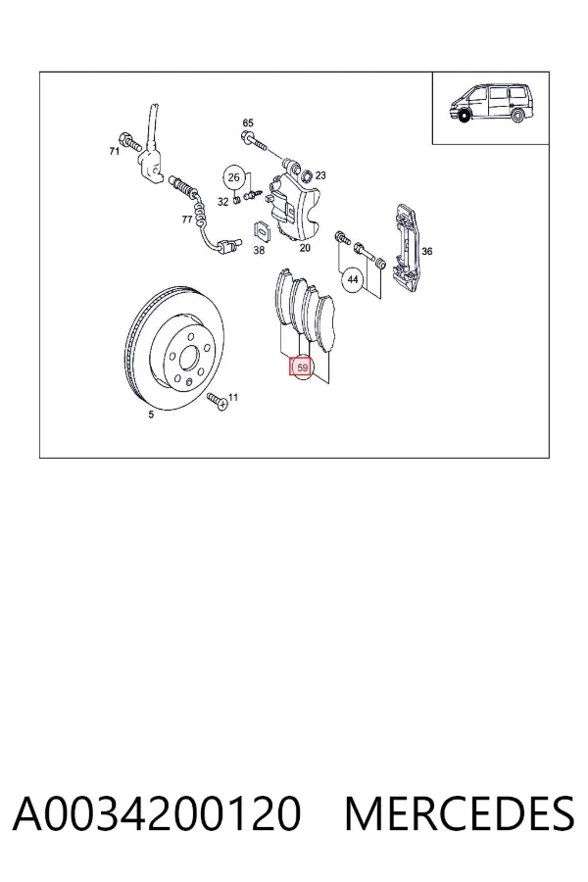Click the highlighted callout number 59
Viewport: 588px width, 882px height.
[x=303, y=367]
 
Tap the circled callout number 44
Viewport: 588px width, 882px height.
[x=353, y=279]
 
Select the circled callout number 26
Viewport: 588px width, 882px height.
[x=234, y=177]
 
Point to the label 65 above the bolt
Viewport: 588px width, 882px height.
[x=248, y=122]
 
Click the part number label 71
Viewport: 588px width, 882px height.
[x=115, y=151]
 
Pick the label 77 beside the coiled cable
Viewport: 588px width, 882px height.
[x=187, y=220]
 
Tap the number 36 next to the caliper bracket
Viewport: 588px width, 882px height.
[x=427, y=251]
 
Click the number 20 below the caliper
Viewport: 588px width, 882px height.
[x=305, y=248]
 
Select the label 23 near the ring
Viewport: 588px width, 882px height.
[x=320, y=175]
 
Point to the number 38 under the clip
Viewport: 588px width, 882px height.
[x=259, y=250]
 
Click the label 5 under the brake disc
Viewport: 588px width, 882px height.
[x=151, y=415]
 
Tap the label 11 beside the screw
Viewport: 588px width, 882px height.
[x=233, y=397]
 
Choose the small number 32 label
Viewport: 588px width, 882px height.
[x=222, y=201]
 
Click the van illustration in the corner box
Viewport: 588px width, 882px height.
[x=491, y=104]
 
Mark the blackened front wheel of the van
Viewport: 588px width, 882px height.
[x=465, y=117]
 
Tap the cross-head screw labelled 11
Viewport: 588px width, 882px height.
[x=218, y=401]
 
